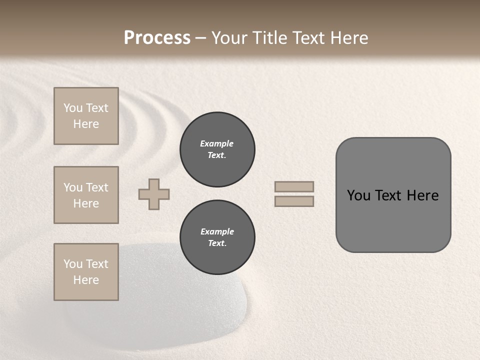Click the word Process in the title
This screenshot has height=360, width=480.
click(157, 38)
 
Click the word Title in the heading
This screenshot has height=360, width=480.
click(267, 38)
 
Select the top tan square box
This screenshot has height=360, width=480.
click(86, 116)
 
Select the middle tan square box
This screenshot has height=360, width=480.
click(86, 195)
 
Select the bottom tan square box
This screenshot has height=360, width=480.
click(86, 272)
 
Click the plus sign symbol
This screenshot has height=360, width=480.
click(154, 194)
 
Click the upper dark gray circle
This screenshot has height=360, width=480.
click(217, 149)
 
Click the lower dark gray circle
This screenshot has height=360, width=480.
click(217, 237)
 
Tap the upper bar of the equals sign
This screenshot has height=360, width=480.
click(294, 186)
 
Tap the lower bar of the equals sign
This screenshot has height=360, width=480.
click(294, 201)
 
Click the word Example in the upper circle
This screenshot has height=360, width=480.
click(217, 143)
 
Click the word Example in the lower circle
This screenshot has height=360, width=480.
click(217, 231)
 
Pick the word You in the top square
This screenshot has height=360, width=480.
click(73, 108)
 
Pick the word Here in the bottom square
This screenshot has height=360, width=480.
click(86, 280)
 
